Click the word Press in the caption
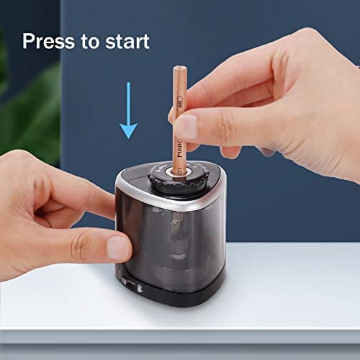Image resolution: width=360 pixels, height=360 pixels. coord(48,41)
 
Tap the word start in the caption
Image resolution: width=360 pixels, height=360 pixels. coord(127,42)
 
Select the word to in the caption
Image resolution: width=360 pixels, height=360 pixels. coord(90,42)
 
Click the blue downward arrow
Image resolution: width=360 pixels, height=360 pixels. coord(128,110)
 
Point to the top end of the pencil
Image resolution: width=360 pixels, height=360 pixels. coord(180,68)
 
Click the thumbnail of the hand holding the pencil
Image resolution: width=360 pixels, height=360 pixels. coord(186,127)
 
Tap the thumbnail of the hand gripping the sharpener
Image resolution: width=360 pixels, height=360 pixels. coord(119,247)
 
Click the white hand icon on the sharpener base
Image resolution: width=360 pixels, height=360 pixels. coord(140,289)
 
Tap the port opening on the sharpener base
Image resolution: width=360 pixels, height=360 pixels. coord(131,286)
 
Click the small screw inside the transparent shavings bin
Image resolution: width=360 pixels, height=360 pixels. coord(177,219)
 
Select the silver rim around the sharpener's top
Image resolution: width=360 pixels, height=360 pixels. coord(171,199)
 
